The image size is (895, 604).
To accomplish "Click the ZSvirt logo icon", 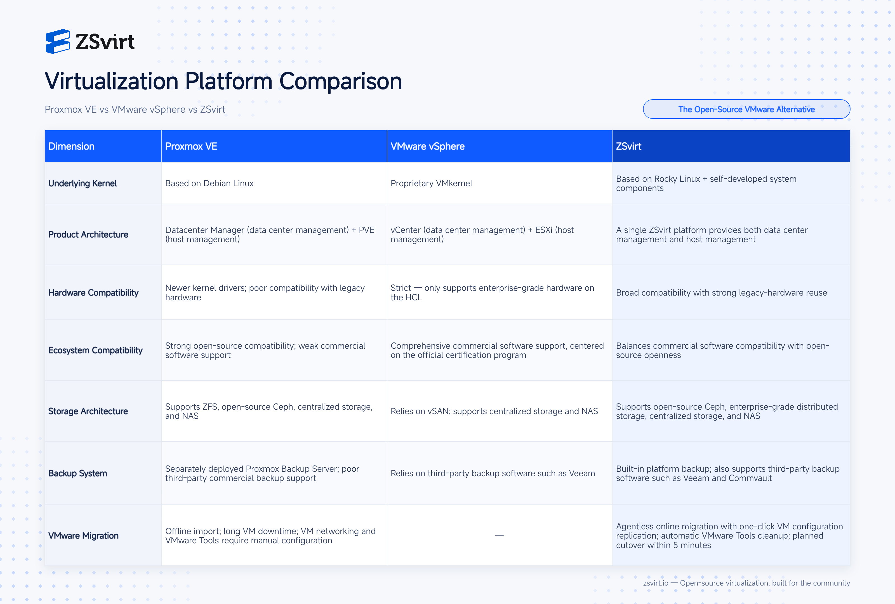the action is pos(58,41).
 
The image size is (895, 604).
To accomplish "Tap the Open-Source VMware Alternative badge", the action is pos(746,109).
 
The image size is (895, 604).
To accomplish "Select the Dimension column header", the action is pos(71,146).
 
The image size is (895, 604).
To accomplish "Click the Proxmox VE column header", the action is pos(191,146).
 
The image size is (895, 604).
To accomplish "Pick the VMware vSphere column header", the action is pos(427,146).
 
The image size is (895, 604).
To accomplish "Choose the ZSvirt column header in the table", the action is pos(628,146).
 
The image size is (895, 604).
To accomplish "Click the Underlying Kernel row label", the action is pos(83,183).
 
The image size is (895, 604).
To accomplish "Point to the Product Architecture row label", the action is pos(88,234).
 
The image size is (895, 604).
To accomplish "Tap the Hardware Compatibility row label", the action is pos(93,292).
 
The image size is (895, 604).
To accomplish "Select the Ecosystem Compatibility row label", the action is pos(95,350).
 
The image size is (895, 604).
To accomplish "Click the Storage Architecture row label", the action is pos(88,411).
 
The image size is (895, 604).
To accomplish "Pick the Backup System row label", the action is pos(77,473).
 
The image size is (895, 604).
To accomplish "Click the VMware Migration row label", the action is pos(83,535).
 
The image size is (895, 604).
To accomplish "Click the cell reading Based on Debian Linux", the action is pos(209,183).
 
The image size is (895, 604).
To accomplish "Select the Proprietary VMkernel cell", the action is pos(431,183).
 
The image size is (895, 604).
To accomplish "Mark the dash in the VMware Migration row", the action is pos(500,535).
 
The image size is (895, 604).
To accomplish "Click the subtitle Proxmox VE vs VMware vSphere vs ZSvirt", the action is pos(135,109).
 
